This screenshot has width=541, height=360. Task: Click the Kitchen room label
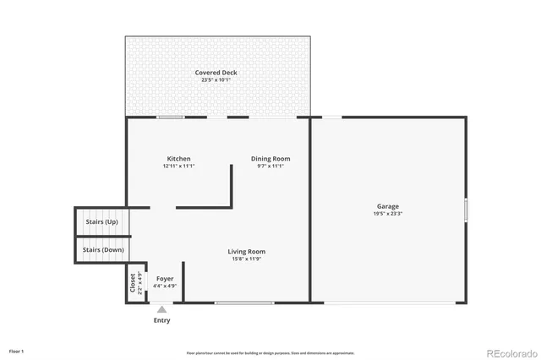178,159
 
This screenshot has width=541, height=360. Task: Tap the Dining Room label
270,159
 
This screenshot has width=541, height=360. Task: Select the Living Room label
246,251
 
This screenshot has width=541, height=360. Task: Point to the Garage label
388,206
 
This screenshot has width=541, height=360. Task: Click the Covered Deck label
216,73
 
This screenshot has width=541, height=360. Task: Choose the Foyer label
165,278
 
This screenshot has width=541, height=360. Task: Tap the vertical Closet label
132,282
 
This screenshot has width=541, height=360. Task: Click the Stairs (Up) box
101,222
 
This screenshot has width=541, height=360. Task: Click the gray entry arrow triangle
161,309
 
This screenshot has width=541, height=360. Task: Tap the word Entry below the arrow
161,320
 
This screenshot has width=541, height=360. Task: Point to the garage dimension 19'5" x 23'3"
388,214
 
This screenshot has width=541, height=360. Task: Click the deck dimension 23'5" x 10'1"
216,80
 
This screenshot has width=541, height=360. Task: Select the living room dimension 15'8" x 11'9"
246,259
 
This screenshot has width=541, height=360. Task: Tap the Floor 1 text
17,351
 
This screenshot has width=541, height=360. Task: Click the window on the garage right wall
465,209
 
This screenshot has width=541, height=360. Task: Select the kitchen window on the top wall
171,117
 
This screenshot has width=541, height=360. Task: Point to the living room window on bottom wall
243,303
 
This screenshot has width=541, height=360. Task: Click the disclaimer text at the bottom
270,353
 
